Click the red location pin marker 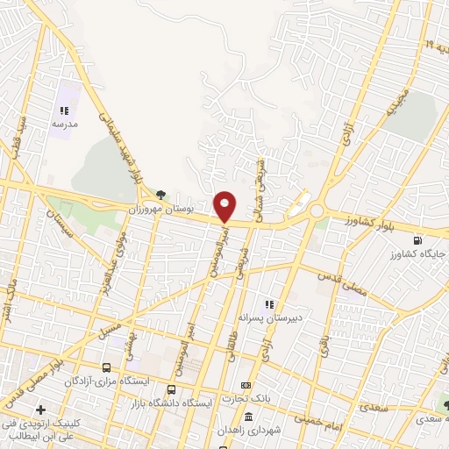point(225,205)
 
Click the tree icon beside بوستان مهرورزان point(160,195)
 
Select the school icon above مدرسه point(64,110)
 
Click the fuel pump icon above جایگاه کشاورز point(417,240)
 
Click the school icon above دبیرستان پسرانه point(282,304)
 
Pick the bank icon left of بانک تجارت point(246,386)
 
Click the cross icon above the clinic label point(40,410)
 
